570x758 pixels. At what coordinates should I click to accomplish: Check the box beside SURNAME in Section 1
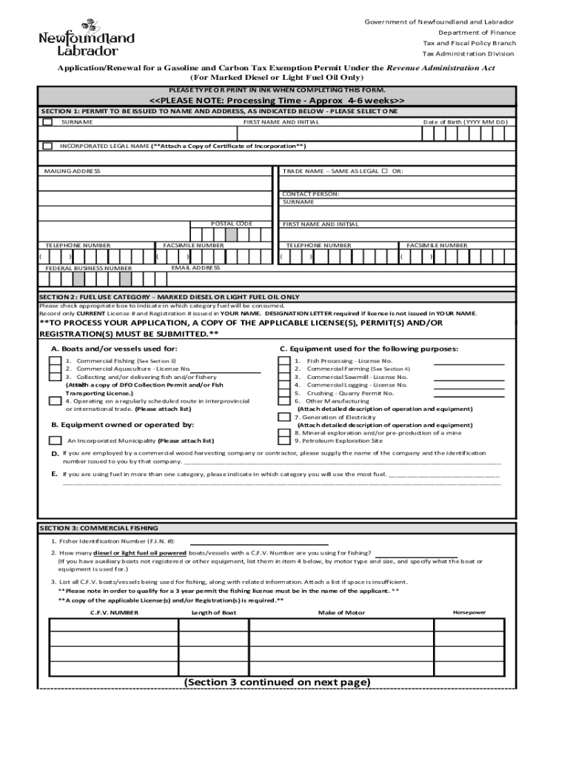(48, 122)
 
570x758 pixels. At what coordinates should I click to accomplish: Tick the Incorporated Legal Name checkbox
(48, 146)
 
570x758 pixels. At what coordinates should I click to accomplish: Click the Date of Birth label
(465, 122)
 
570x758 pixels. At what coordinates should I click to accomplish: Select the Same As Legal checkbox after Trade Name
(384, 171)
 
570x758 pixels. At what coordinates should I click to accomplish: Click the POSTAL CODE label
(232, 224)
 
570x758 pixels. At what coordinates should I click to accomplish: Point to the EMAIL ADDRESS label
(195, 267)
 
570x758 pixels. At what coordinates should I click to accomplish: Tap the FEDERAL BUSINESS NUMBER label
(89, 268)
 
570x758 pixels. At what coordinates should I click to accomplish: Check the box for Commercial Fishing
(55, 361)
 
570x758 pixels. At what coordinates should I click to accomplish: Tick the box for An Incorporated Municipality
(55, 440)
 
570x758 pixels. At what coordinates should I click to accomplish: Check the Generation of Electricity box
(284, 417)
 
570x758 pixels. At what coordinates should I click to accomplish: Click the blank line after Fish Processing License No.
(469, 363)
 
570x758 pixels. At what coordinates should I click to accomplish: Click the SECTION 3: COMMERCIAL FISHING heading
(98, 528)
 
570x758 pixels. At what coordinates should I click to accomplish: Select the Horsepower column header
(469, 613)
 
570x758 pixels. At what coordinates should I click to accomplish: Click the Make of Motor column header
(341, 613)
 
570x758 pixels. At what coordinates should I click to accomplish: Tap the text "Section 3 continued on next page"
(277, 682)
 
